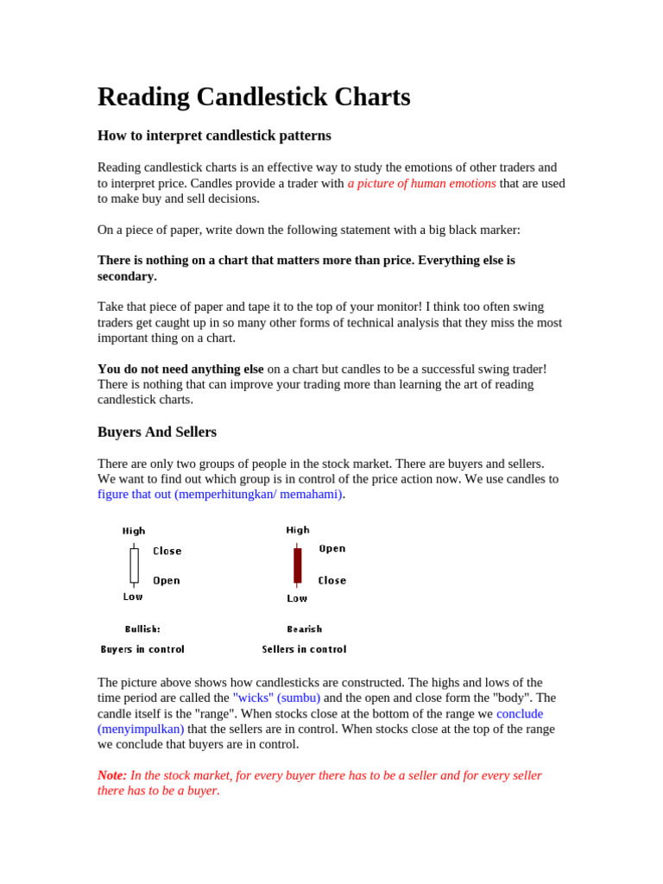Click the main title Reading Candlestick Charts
pyautogui.click(x=254, y=97)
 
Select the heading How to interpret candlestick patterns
pyautogui.click(x=214, y=136)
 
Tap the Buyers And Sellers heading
pyautogui.click(x=157, y=432)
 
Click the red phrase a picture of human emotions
pyautogui.click(x=421, y=183)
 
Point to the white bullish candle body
pyautogui.click(x=134, y=565)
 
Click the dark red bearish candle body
pyautogui.click(x=298, y=565)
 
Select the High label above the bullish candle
pyautogui.click(x=134, y=531)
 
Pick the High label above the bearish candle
pyautogui.click(x=298, y=530)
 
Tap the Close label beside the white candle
pyautogui.click(x=167, y=551)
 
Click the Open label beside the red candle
pyautogui.click(x=332, y=548)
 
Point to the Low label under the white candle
pyautogui.click(x=133, y=597)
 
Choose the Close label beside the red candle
pyautogui.click(x=332, y=580)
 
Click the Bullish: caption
pyautogui.click(x=142, y=629)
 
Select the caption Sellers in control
pyautogui.click(x=304, y=649)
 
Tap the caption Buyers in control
pyautogui.click(x=142, y=649)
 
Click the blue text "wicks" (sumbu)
pyautogui.click(x=276, y=698)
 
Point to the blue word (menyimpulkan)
pyautogui.click(x=141, y=729)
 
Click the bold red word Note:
pyautogui.click(x=112, y=775)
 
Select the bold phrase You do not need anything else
pyautogui.click(x=180, y=369)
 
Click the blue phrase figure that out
pyautogui.click(x=135, y=495)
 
